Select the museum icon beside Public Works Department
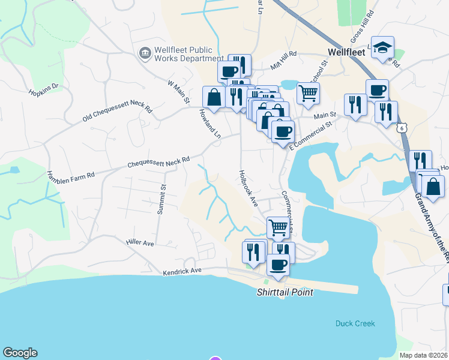(145, 54)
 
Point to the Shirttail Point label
(285, 292)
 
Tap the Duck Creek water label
(355, 323)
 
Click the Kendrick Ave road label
(182, 272)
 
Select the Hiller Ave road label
(140, 242)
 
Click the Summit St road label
(161, 200)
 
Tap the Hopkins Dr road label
(43, 90)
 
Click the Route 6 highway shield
(402, 128)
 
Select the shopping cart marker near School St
(308, 93)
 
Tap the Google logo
(20, 353)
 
